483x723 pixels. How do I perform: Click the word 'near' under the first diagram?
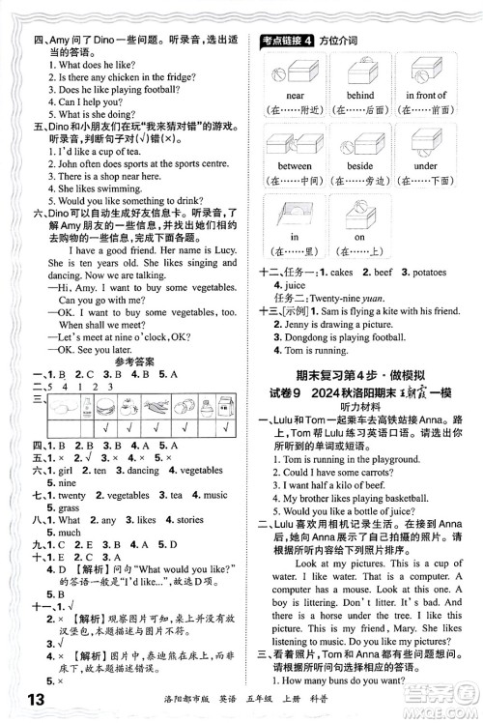tap(296, 96)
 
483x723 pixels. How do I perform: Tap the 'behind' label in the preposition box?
tap(360, 96)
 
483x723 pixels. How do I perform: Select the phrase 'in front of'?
tap(425, 96)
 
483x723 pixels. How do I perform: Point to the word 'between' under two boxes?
tap(296, 166)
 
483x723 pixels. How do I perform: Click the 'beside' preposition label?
tap(360, 166)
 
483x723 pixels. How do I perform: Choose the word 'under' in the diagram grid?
tap(425, 166)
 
